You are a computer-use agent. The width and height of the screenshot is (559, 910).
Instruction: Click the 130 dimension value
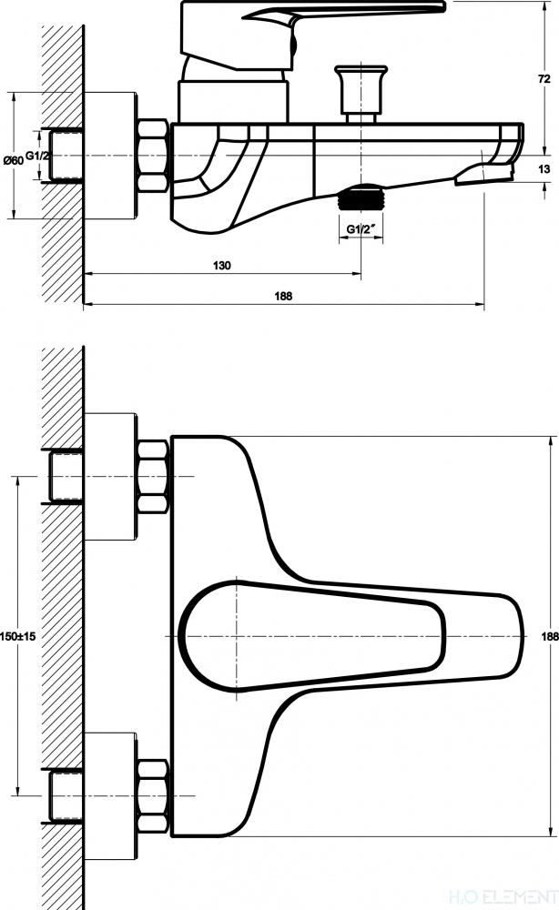coord(222,266)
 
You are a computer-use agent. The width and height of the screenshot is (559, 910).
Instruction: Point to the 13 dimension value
coord(544,169)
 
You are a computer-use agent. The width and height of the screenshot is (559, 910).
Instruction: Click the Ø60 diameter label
coord(13,160)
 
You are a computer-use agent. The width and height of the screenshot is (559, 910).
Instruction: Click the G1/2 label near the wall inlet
coord(37,157)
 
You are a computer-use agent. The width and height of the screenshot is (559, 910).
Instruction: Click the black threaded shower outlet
coord(361,195)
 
